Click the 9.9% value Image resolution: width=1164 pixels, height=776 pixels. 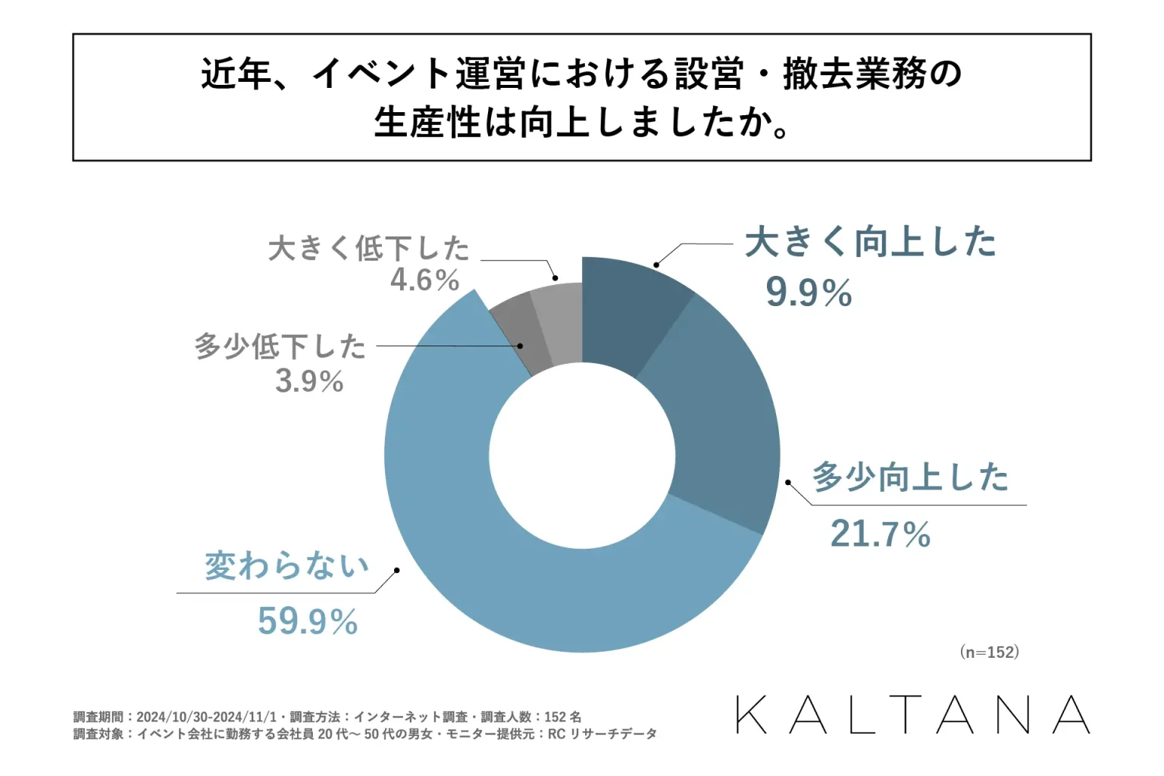click(809, 293)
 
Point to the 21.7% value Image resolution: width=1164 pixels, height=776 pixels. click(880, 534)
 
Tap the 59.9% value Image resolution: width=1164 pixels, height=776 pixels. click(307, 621)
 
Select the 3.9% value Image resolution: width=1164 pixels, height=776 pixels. click(309, 380)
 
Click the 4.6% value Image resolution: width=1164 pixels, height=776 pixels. click(424, 280)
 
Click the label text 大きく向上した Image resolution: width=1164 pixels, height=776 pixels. click(870, 242)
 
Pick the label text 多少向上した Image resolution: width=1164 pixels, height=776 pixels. click(910, 477)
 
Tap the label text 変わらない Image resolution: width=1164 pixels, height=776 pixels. click(286, 565)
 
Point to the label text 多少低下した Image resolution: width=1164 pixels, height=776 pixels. click(280, 347)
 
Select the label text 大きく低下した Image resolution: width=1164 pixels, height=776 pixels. click(369, 248)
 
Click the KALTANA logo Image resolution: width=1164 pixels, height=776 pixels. click(912, 715)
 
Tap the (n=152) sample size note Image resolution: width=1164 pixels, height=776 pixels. click(989, 652)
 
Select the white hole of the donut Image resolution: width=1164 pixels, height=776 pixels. click(582, 455)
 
